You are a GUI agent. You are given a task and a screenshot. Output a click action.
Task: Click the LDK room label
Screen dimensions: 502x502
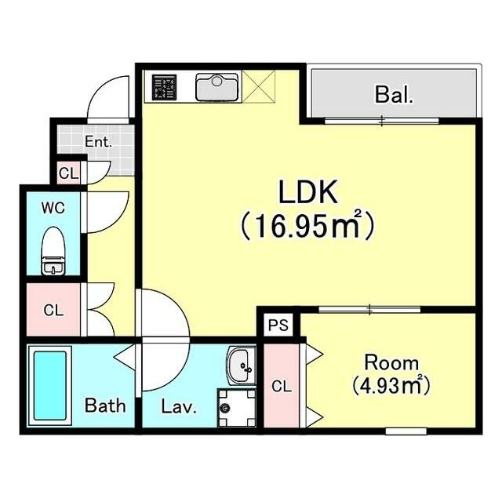[x=308, y=192]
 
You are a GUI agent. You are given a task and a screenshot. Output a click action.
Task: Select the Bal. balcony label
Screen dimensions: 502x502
[x=394, y=94]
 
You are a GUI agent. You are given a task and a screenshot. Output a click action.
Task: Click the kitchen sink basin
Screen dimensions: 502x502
[x=217, y=87]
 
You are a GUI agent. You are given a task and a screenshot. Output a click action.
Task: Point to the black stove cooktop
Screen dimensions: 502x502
[x=164, y=87]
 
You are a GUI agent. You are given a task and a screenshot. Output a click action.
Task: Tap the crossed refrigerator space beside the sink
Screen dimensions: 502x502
[x=259, y=87]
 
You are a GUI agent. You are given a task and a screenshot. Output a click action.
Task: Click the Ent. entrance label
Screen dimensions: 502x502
[x=98, y=142]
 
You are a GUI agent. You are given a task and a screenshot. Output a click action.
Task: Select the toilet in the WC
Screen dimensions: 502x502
[x=53, y=251]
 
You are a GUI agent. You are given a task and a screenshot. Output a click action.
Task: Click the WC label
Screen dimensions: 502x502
[x=53, y=208]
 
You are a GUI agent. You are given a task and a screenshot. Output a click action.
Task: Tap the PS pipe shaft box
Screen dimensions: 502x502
[x=278, y=326]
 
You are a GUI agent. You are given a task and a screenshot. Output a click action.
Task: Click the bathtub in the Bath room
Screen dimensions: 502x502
[x=50, y=386]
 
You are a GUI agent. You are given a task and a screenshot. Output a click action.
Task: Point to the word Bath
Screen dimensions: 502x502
[x=104, y=406]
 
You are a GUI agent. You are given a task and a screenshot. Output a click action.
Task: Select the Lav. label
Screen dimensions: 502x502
[x=178, y=406]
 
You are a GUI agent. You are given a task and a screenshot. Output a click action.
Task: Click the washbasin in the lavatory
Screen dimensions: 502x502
[x=242, y=366]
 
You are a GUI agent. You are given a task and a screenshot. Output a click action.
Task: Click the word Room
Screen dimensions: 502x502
[x=391, y=363]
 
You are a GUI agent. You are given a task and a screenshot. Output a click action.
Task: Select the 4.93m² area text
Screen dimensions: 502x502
[x=391, y=386]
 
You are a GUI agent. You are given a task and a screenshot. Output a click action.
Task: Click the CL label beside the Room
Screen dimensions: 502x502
[x=282, y=387]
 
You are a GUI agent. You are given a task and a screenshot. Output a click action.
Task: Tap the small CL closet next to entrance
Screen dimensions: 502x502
[x=68, y=173]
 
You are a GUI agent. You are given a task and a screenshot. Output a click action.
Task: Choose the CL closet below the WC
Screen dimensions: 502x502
[x=53, y=310]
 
